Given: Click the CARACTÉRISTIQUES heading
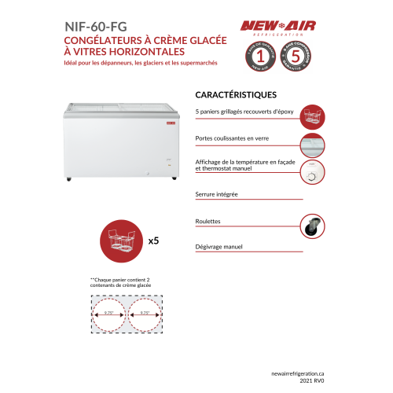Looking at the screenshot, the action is (234, 94).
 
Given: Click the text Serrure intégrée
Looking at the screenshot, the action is (216, 193).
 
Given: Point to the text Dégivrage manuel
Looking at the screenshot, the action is (219, 246).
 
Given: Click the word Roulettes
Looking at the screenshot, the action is (208, 222).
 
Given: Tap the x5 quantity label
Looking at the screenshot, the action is (154, 241).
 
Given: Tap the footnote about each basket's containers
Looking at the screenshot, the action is (119, 282).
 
